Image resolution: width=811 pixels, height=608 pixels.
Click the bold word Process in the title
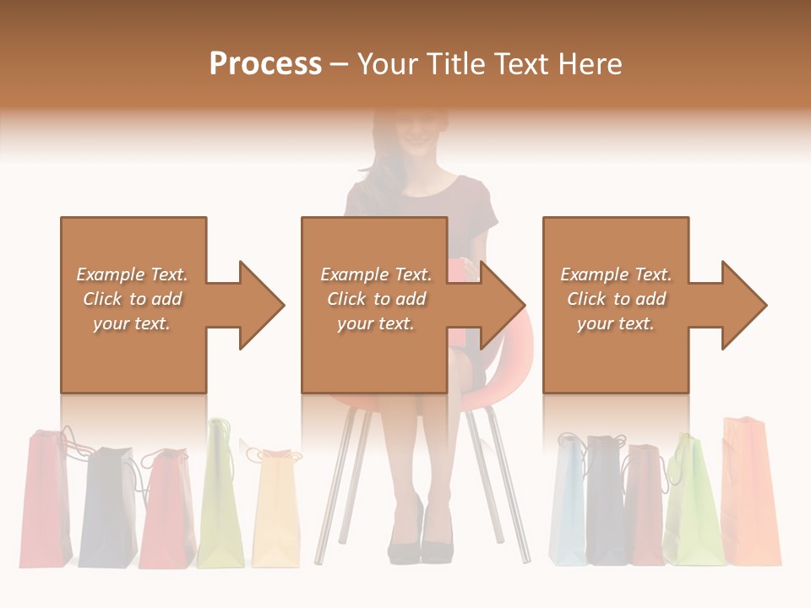[265, 64]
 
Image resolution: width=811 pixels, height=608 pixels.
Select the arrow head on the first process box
[260, 305]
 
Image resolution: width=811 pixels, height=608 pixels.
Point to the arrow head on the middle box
[501, 305]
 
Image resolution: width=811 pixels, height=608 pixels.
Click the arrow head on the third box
[743, 305]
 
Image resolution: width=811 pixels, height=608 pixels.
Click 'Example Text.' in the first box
[132, 274]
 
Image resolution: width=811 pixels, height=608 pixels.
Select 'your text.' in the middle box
[375, 323]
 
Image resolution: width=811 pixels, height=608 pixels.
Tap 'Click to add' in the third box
[616, 299]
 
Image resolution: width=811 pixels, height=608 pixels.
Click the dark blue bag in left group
[108, 507]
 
